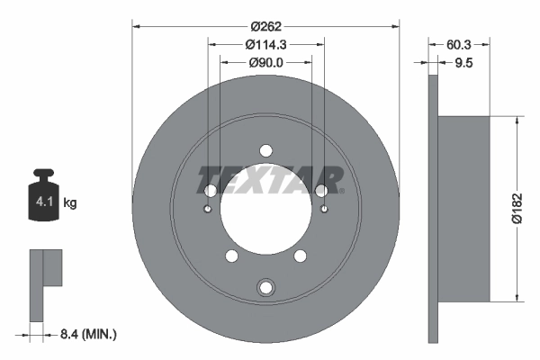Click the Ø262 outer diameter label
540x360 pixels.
pos(265,27)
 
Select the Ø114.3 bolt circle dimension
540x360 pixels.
pos(265,44)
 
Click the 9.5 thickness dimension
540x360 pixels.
pos(463,63)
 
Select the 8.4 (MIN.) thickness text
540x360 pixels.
pos(85,334)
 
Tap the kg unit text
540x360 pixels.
pos(70,203)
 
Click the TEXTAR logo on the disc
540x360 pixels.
pos(270,180)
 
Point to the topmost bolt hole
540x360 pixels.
pos(265,150)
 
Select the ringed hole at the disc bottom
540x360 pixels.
pos(265,288)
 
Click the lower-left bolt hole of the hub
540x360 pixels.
pos(232,256)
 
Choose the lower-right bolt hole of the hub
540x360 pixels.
pos(300,256)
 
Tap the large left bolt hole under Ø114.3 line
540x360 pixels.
pos(211,191)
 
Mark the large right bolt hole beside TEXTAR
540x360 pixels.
pos(321,190)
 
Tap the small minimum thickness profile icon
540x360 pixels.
pos(47,283)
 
